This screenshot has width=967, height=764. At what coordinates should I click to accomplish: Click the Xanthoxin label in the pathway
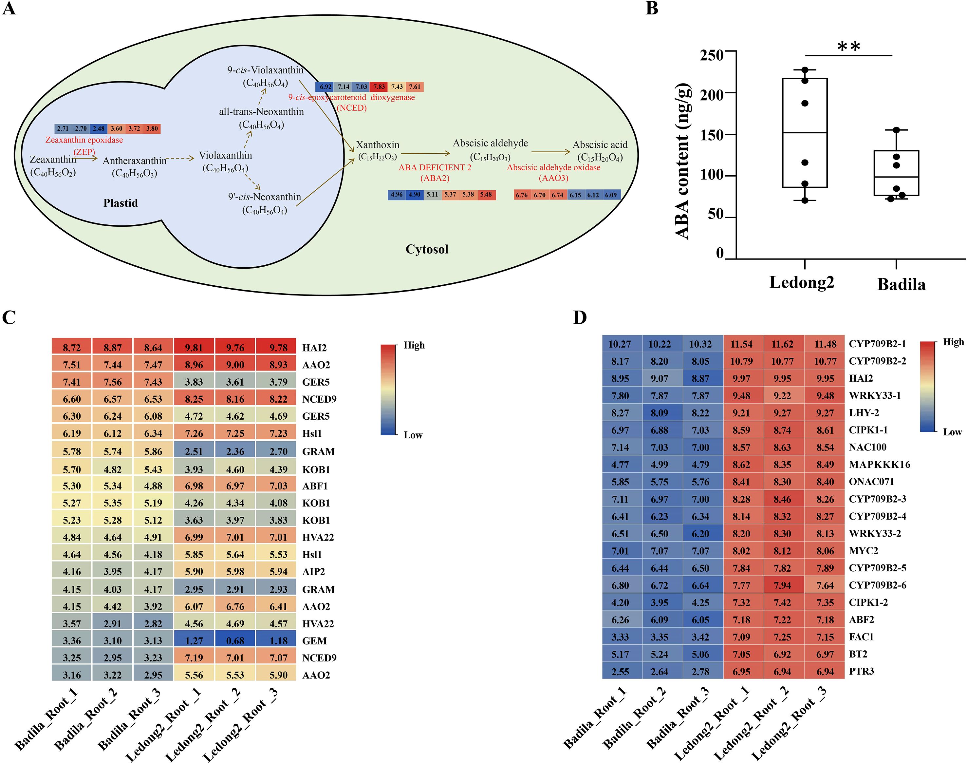point(377,145)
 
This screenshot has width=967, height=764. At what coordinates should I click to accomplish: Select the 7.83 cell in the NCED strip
point(379,87)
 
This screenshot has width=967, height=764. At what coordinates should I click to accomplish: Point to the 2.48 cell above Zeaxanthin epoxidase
point(98,129)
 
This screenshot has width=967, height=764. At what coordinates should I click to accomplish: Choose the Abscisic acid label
point(600,145)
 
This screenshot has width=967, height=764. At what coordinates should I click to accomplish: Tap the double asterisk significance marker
point(848,47)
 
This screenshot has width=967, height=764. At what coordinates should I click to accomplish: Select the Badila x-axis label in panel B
point(901,284)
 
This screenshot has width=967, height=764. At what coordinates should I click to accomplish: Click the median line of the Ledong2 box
point(805,133)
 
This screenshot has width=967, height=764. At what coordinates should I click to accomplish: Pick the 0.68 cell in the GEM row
point(235,640)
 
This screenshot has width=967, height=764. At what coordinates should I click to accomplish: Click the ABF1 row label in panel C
point(315,486)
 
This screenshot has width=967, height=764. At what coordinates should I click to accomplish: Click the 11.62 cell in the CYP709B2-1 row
point(782,344)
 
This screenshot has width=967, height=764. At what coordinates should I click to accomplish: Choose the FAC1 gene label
point(861,637)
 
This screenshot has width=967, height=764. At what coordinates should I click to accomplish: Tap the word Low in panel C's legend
point(413,435)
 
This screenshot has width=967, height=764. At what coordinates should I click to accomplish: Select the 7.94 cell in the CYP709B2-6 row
point(782,585)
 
